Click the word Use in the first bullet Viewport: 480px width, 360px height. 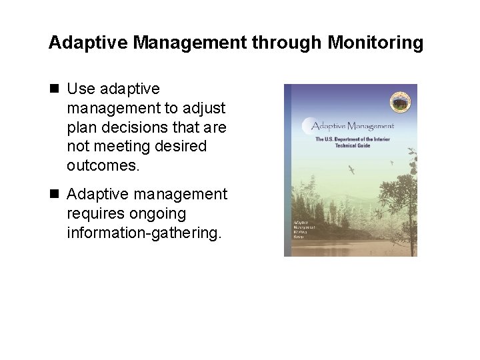pos(81,89)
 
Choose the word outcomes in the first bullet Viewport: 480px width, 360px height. pos(103,165)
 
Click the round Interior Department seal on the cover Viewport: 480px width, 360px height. pos(399,102)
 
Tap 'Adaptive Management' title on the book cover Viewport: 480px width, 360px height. pos(353,126)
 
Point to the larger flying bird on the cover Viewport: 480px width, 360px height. pos(351,169)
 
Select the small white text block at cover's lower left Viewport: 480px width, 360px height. pos(304,229)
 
